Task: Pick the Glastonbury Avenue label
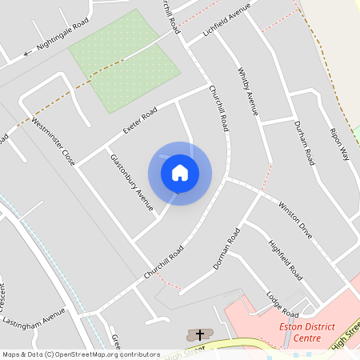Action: (x=131, y=182)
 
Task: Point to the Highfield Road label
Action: (x=285, y=259)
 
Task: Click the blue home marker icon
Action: (x=180, y=173)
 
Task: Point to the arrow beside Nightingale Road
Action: (x=27, y=54)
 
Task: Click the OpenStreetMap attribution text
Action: (x=80, y=354)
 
